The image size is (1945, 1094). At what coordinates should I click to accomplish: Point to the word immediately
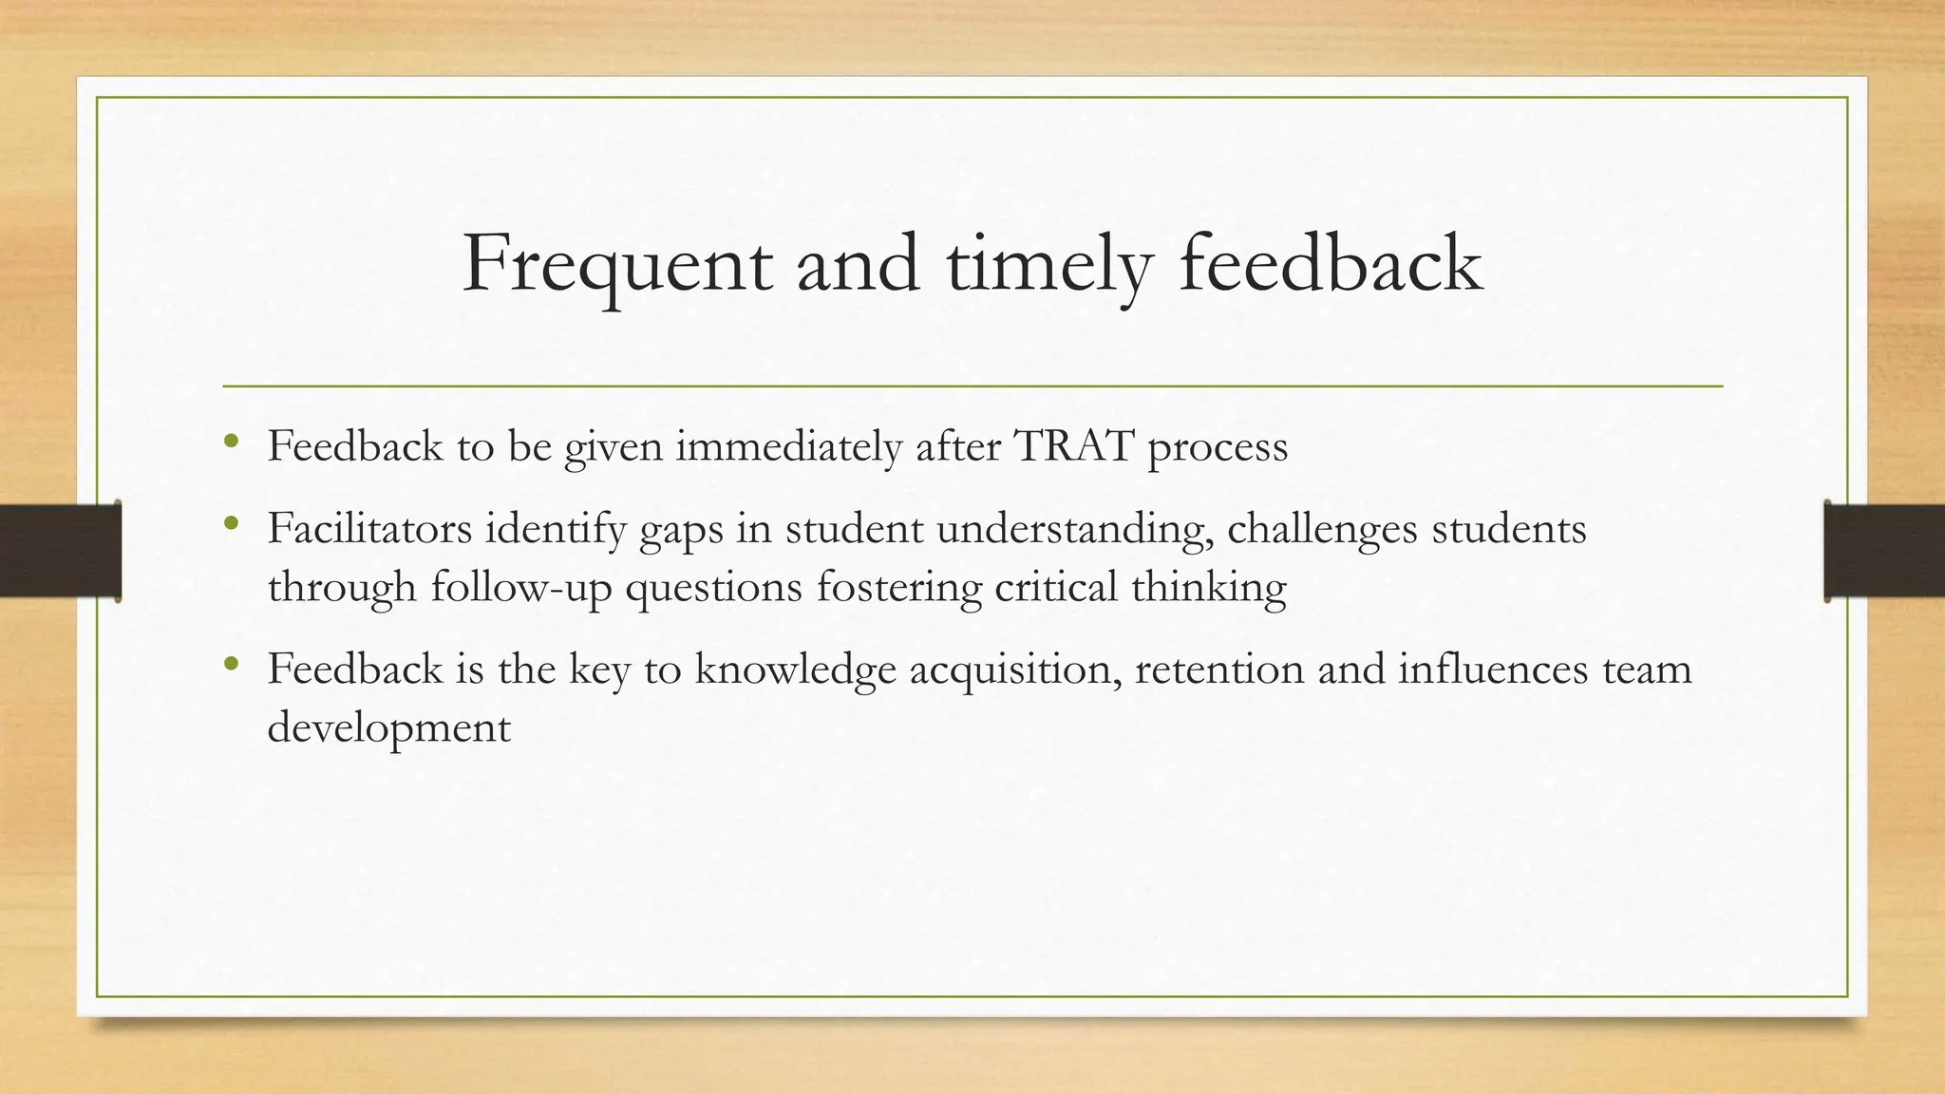pos(788,445)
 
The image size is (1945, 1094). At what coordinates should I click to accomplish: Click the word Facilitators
pos(369,528)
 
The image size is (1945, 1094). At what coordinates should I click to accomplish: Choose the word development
pos(389,728)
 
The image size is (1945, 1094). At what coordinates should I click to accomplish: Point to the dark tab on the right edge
pos(1884,551)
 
